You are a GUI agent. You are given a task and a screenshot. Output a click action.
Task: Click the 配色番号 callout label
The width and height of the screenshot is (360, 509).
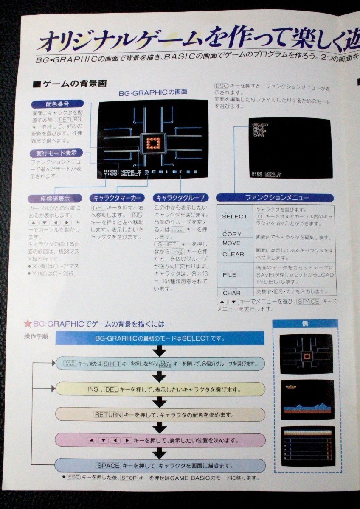(57, 103)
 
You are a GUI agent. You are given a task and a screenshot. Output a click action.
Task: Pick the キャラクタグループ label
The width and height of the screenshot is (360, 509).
(180, 198)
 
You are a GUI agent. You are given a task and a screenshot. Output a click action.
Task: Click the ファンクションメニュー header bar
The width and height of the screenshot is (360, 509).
(275, 198)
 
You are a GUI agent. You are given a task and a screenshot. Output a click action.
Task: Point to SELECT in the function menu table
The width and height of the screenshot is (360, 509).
(234, 216)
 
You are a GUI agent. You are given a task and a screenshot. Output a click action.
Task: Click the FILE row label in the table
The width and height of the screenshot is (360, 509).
(230, 274)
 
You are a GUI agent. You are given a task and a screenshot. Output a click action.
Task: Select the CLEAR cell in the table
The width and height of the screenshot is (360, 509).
(233, 254)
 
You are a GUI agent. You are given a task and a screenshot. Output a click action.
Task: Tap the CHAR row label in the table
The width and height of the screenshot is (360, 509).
(231, 293)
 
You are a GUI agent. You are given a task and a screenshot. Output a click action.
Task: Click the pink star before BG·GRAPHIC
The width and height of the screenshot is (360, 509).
(28, 324)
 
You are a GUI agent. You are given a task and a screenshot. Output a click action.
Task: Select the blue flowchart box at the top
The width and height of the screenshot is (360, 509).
(160, 338)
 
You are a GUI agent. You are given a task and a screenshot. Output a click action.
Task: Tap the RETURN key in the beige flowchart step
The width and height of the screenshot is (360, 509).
(108, 415)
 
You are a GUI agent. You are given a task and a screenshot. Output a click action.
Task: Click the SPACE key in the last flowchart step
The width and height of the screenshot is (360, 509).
(109, 466)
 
